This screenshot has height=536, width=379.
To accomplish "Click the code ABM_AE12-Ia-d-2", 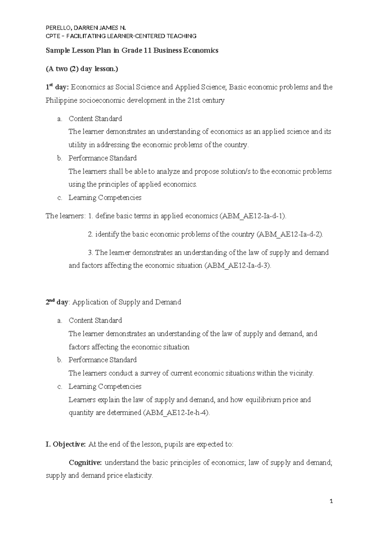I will point(290,234).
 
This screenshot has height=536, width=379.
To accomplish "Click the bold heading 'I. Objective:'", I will point(65,444).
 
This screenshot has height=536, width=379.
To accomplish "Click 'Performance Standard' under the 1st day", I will point(102,158).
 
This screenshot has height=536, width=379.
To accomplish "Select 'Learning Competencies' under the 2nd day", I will point(105,387).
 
